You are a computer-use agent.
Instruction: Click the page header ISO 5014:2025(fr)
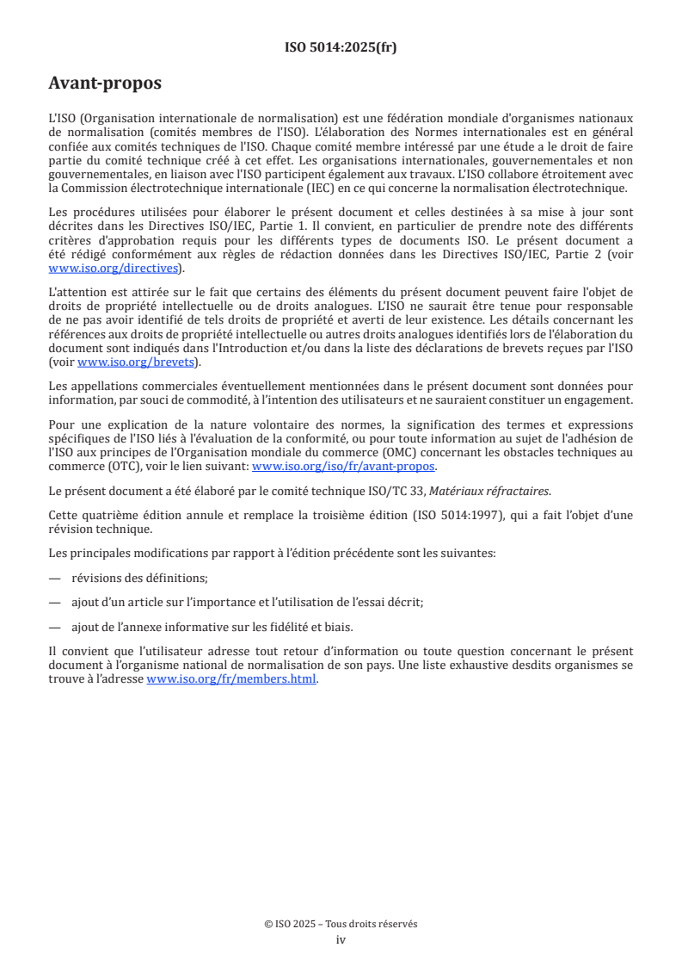[341, 48]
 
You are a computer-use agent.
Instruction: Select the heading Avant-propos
[105, 84]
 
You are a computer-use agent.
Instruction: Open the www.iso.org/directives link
[115, 269]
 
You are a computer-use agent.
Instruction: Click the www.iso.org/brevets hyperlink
[135, 362]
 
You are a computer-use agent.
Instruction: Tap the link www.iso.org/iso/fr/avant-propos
[344, 466]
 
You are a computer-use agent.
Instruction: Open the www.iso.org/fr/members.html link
[232, 679]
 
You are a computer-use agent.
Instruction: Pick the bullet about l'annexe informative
[212, 627]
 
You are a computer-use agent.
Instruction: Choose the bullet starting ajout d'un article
[247, 603]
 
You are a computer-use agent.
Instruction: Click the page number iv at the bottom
[341, 940]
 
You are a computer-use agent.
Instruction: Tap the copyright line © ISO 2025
[341, 924]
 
